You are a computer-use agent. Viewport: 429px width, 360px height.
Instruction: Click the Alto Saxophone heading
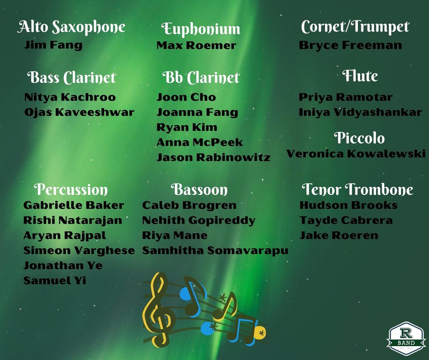[71, 27]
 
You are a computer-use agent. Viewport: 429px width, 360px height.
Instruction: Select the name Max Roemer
[196, 46]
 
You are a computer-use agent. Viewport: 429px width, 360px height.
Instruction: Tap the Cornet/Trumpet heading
[355, 27]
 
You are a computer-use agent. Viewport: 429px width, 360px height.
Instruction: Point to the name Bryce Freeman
[350, 46]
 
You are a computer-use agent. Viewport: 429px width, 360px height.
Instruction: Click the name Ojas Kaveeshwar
[79, 112]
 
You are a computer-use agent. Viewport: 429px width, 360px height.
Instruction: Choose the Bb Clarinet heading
[201, 78]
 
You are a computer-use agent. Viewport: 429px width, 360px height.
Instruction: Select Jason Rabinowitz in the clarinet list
[213, 157]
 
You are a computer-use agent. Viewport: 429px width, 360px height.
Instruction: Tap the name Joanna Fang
[197, 112]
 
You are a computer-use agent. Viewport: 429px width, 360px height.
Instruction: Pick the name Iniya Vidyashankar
[360, 112]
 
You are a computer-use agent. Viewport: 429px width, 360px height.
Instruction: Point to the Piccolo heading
[359, 138]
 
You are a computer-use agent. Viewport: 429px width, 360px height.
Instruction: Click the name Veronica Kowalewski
[356, 154]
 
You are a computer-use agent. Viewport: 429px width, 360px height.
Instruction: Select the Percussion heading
[71, 190]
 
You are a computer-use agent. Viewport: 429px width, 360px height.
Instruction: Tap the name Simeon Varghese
[79, 250]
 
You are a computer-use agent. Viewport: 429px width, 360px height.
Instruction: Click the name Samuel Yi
[54, 281]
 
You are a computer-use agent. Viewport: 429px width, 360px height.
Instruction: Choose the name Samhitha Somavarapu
[215, 250]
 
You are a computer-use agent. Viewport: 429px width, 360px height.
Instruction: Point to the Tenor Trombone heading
[357, 190]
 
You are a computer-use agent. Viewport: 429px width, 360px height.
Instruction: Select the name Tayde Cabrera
[346, 220]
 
